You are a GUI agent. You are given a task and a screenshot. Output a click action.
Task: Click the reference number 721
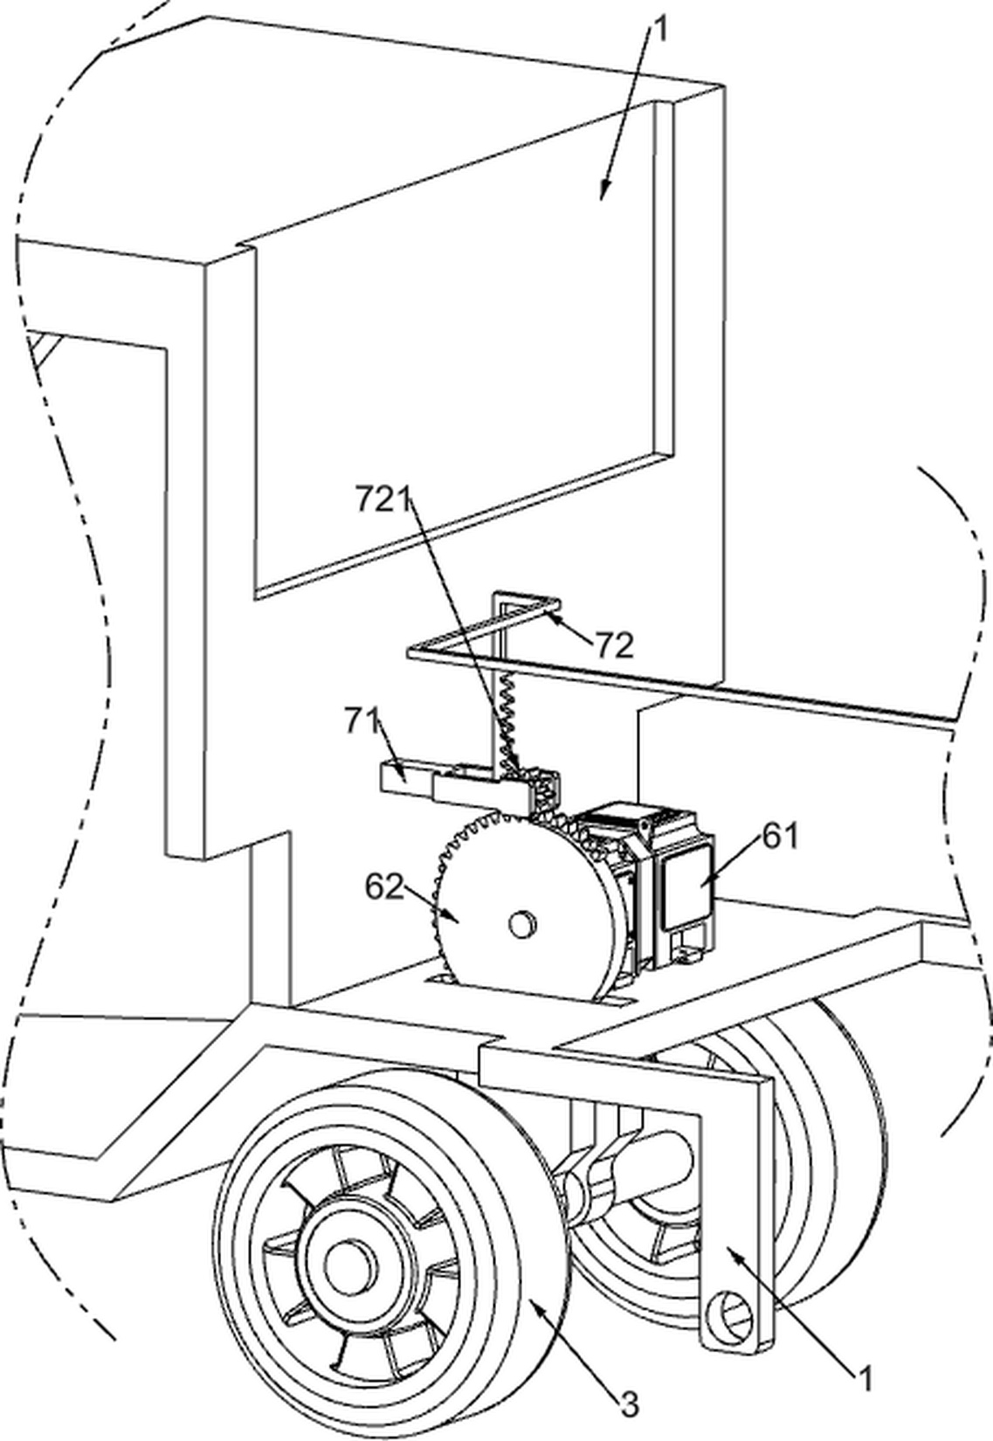(383, 500)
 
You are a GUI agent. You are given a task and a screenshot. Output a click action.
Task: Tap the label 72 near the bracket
(615, 645)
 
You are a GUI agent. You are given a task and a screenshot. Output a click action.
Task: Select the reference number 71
(363, 722)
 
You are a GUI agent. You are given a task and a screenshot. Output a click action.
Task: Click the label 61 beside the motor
(781, 837)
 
